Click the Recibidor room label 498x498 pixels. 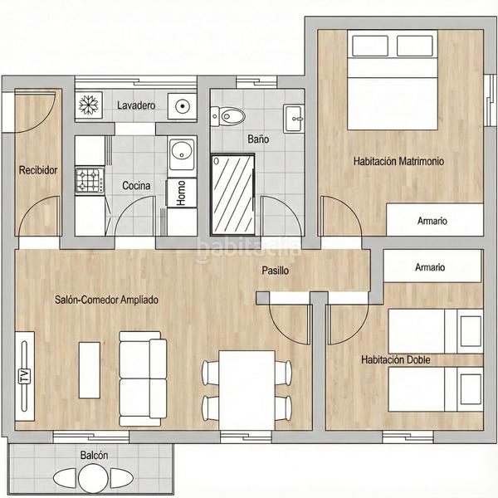pos(38,170)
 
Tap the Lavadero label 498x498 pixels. pos(136,105)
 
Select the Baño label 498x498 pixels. pos(258,139)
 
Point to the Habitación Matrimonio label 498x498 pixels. pos(398,161)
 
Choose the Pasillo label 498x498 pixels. pos(276,271)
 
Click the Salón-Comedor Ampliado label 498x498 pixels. pos(106,300)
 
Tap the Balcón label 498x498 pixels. pos(94,456)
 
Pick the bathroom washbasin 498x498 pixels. pos(294,118)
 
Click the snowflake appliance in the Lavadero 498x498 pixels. pos(88,105)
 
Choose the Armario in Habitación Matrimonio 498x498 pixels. pos(432,221)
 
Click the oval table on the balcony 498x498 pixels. pos(92,479)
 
